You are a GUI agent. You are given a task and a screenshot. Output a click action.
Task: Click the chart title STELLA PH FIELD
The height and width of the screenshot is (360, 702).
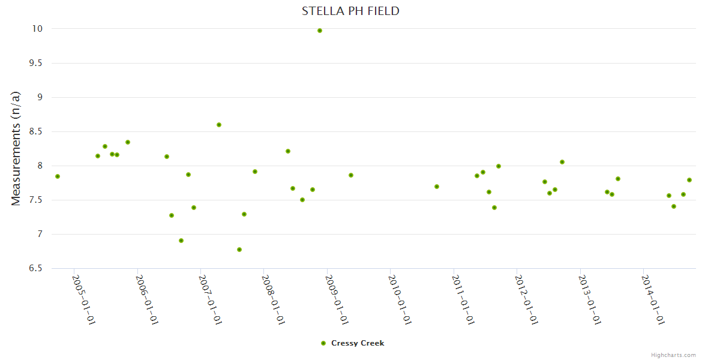tap(350, 11)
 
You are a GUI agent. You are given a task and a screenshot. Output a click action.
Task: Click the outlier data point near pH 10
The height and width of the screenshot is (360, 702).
tap(320, 31)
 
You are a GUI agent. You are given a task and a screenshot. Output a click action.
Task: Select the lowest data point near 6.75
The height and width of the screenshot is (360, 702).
tap(239, 250)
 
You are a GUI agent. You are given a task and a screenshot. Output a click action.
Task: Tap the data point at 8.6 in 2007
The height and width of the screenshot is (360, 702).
tap(219, 125)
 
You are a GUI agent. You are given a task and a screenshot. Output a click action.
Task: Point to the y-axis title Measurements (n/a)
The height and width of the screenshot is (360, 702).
tap(16, 148)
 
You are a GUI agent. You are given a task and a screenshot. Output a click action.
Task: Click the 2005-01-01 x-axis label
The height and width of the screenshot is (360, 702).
tap(84, 299)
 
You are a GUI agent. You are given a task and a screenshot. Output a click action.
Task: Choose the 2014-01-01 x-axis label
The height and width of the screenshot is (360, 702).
tap(653, 299)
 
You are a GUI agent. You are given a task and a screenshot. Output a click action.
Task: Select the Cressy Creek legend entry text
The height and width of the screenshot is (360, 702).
tap(358, 343)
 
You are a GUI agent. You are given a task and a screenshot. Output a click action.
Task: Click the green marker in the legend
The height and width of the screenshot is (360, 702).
tap(323, 343)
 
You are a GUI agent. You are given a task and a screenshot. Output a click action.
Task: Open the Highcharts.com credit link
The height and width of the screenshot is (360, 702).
tap(673, 355)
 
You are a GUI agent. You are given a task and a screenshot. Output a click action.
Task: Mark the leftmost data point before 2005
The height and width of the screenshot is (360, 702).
tap(58, 176)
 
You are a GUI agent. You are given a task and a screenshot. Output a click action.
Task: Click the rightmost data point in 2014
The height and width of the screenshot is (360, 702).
tap(689, 180)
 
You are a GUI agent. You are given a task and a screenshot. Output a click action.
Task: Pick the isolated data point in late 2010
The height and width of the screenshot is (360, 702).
tap(437, 187)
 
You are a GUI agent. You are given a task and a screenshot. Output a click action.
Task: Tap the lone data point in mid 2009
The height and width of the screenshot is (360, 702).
tap(351, 175)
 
